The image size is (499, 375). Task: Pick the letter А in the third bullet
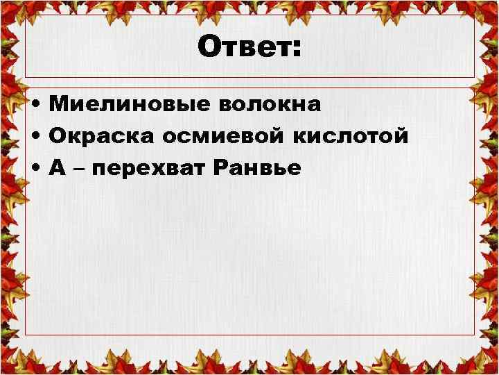pyautogui.click(x=58, y=167)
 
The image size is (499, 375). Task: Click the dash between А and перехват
pyautogui.click(x=79, y=169)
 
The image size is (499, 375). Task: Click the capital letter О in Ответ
pyautogui.click(x=209, y=47)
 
